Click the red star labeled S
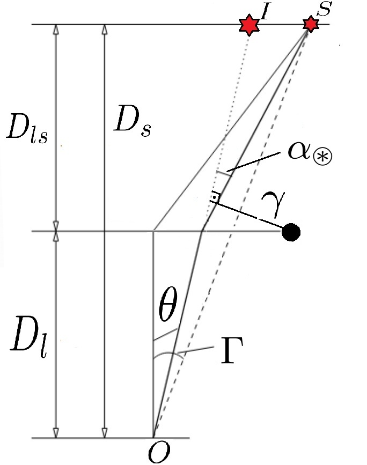[310, 24]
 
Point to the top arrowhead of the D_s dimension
[104, 29]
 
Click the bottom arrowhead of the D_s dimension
[104, 433]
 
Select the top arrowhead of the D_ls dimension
[56, 29]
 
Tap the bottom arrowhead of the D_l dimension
[56, 433]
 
